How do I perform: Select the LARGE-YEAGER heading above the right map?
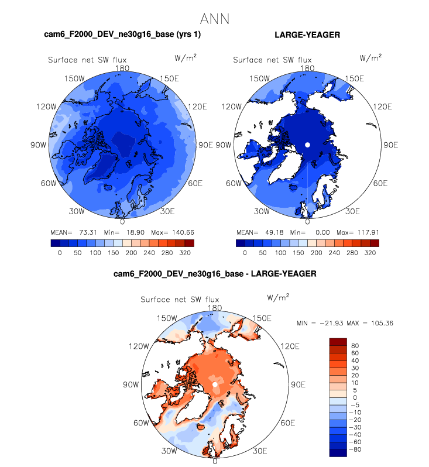pos(307,36)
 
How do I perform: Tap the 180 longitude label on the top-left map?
pos(122,68)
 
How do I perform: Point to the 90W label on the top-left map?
pos(38,145)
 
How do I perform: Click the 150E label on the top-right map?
pos(354,78)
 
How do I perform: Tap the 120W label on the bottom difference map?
pos(139,346)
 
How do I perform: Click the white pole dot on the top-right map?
pos(307,145)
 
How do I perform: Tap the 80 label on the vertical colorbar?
pos(355,346)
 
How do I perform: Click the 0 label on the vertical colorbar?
pos(355,397)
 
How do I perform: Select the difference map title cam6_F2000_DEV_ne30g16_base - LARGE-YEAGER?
pos(215,273)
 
